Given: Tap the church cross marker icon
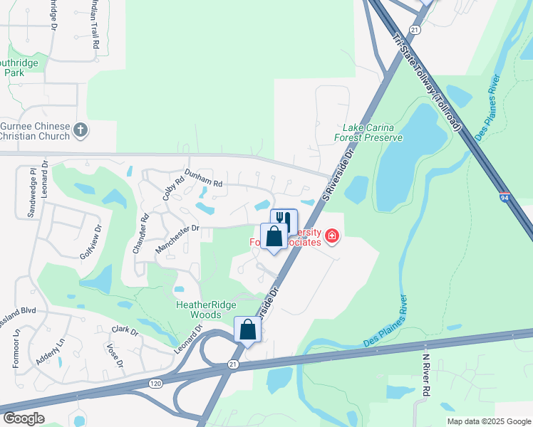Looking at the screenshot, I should pos(81,130).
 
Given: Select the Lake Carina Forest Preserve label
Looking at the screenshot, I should pos(368,132).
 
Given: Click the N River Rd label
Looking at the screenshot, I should pos(426,375).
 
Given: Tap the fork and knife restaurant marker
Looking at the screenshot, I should pos(284,220).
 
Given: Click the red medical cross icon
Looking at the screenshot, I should pos(331,236).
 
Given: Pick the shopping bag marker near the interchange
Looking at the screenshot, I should pos(247,330).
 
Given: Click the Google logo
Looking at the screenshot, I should pos(24,418).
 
